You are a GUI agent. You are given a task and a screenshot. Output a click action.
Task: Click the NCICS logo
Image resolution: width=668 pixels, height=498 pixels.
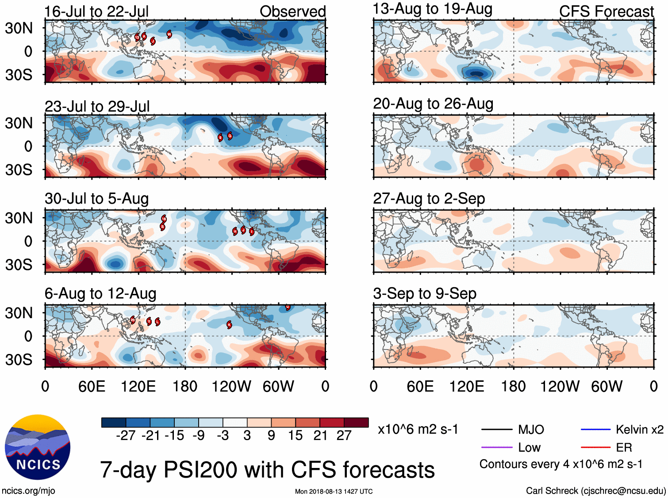pyautogui.click(x=38, y=447)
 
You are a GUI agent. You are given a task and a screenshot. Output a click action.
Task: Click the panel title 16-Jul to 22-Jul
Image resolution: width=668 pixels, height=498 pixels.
pyautogui.click(x=96, y=11)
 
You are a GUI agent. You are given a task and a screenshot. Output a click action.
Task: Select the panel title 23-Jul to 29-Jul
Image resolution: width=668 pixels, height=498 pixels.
pyautogui.click(x=97, y=106)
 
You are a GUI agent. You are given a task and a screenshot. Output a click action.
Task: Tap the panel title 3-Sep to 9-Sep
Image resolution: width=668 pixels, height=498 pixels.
pyautogui.click(x=424, y=293)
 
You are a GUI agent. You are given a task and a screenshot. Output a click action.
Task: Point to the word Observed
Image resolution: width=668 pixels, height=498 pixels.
pyautogui.click(x=292, y=11)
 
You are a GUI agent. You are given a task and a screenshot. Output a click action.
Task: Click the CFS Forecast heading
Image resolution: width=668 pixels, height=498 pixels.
pyautogui.click(x=606, y=11)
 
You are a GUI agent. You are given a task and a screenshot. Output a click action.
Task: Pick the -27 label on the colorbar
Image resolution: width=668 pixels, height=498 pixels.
pyautogui.click(x=126, y=436)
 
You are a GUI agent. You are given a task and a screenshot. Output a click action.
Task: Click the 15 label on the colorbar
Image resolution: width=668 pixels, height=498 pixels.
pyautogui.click(x=295, y=436)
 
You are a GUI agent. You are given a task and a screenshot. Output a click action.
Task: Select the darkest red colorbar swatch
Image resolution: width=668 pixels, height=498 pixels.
pyautogui.click(x=356, y=422)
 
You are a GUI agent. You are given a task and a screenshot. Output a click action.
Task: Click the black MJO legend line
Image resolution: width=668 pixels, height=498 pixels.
pyautogui.click(x=496, y=430)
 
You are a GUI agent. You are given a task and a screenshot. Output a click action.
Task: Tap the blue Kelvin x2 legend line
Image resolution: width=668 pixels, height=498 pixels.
pyautogui.click(x=595, y=430)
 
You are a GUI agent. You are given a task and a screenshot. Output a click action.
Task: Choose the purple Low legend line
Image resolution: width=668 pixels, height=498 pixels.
pyautogui.click(x=496, y=448)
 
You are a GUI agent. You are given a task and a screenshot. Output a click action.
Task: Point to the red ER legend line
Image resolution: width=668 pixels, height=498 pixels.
pyautogui.click(x=595, y=448)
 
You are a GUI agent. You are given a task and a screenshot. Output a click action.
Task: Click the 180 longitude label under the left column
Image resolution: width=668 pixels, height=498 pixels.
pyautogui.click(x=185, y=387)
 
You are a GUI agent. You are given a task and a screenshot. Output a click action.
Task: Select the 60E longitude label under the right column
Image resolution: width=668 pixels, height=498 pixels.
pyautogui.click(x=420, y=387)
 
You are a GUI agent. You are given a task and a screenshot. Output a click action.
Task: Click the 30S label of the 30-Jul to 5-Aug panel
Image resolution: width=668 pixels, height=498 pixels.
pyautogui.click(x=19, y=265)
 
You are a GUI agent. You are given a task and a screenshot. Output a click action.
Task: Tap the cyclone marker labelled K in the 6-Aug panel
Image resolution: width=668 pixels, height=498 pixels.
pyautogui.click(x=229, y=325)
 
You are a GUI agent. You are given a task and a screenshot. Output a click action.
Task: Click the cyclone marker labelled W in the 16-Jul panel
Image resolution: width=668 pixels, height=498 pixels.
pyautogui.click(x=169, y=34)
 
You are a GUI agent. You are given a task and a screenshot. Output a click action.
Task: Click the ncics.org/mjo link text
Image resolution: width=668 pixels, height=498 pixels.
pyautogui.click(x=28, y=490)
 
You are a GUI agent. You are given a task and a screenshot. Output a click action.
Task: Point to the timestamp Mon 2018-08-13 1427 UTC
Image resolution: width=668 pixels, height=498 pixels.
pyautogui.click(x=334, y=491)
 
